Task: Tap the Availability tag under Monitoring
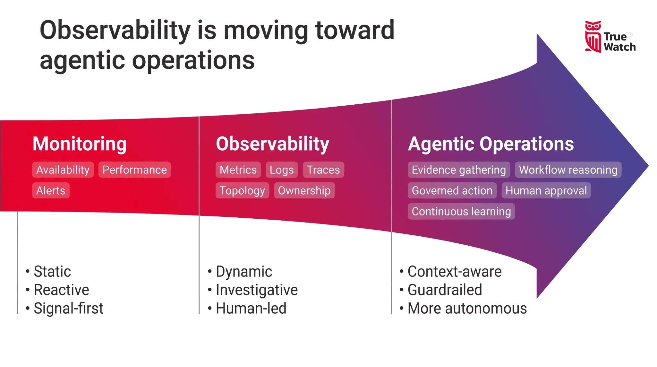[63, 170]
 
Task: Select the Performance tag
[135, 170]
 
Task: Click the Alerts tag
[51, 191]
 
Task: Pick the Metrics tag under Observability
[238, 170]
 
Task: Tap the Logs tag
[282, 170]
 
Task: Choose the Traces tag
[323, 170]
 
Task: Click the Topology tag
[242, 191]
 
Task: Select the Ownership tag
[304, 191]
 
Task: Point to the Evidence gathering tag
[459, 170]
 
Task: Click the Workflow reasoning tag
[568, 170]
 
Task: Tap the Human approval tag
[546, 191]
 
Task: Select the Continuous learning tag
[461, 212]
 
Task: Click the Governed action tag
[452, 191]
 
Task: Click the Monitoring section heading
[80, 144]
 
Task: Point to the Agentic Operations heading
[491, 144]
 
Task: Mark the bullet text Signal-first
[68, 309]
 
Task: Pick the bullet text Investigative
[257, 290]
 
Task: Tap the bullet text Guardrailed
[445, 290]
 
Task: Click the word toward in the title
[355, 30]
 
